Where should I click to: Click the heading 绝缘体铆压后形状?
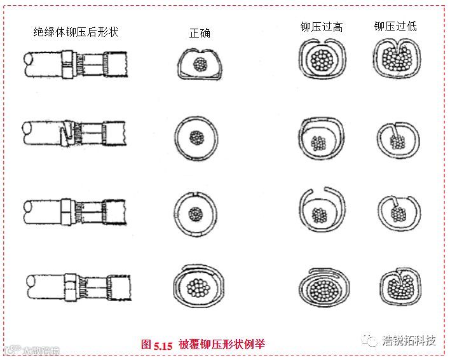click(x=76, y=31)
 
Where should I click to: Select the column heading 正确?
click(x=200, y=33)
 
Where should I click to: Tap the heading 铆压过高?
click(x=322, y=27)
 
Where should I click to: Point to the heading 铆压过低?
click(x=395, y=27)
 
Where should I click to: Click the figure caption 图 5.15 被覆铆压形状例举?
click(x=203, y=344)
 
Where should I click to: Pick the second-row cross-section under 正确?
click(x=196, y=137)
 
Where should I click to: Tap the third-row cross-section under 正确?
click(x=196, y=213)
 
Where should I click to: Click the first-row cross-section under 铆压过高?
click(x=322, y=61)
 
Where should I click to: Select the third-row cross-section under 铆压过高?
click(x=322, y=208)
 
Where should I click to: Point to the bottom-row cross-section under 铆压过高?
click(x=323, y=286)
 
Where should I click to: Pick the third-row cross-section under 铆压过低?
click(x=399, y=209)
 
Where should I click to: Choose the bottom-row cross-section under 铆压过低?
click(x=399, y=286)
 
